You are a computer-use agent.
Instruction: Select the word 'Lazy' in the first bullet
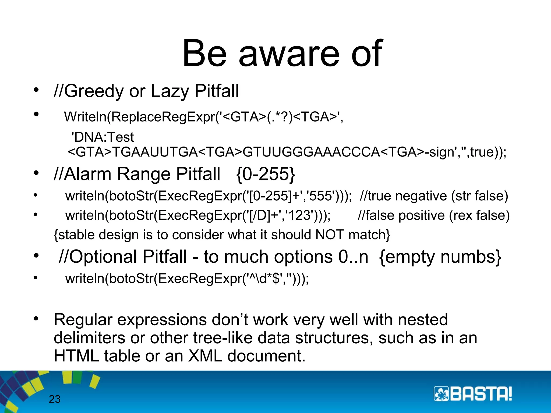pos(170,91)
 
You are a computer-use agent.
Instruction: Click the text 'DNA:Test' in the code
pos(103,137)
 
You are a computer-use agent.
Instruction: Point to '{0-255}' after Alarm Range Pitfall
pos(266,174)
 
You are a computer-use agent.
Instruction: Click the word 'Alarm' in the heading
pos(88,174)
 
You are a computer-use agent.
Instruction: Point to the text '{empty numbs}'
pos(440,257)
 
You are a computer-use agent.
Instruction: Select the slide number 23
pos(55,399)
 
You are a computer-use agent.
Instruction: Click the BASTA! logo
pos(472,394)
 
